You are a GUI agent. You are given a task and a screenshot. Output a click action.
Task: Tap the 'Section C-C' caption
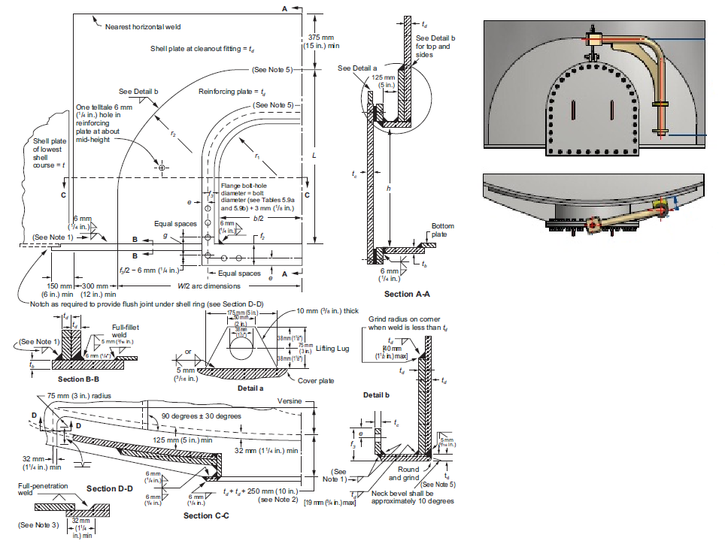206,515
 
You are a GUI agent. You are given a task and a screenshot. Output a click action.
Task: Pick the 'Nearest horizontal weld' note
143,26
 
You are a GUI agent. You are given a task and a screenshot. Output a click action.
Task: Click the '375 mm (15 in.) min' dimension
322,41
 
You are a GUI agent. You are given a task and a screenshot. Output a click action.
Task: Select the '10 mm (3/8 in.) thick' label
329,311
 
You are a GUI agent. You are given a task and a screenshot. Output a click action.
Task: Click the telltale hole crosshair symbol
162,168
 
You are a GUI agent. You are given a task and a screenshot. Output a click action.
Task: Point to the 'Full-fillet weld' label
126,331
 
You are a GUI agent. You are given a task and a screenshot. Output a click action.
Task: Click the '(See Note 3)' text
38,524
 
